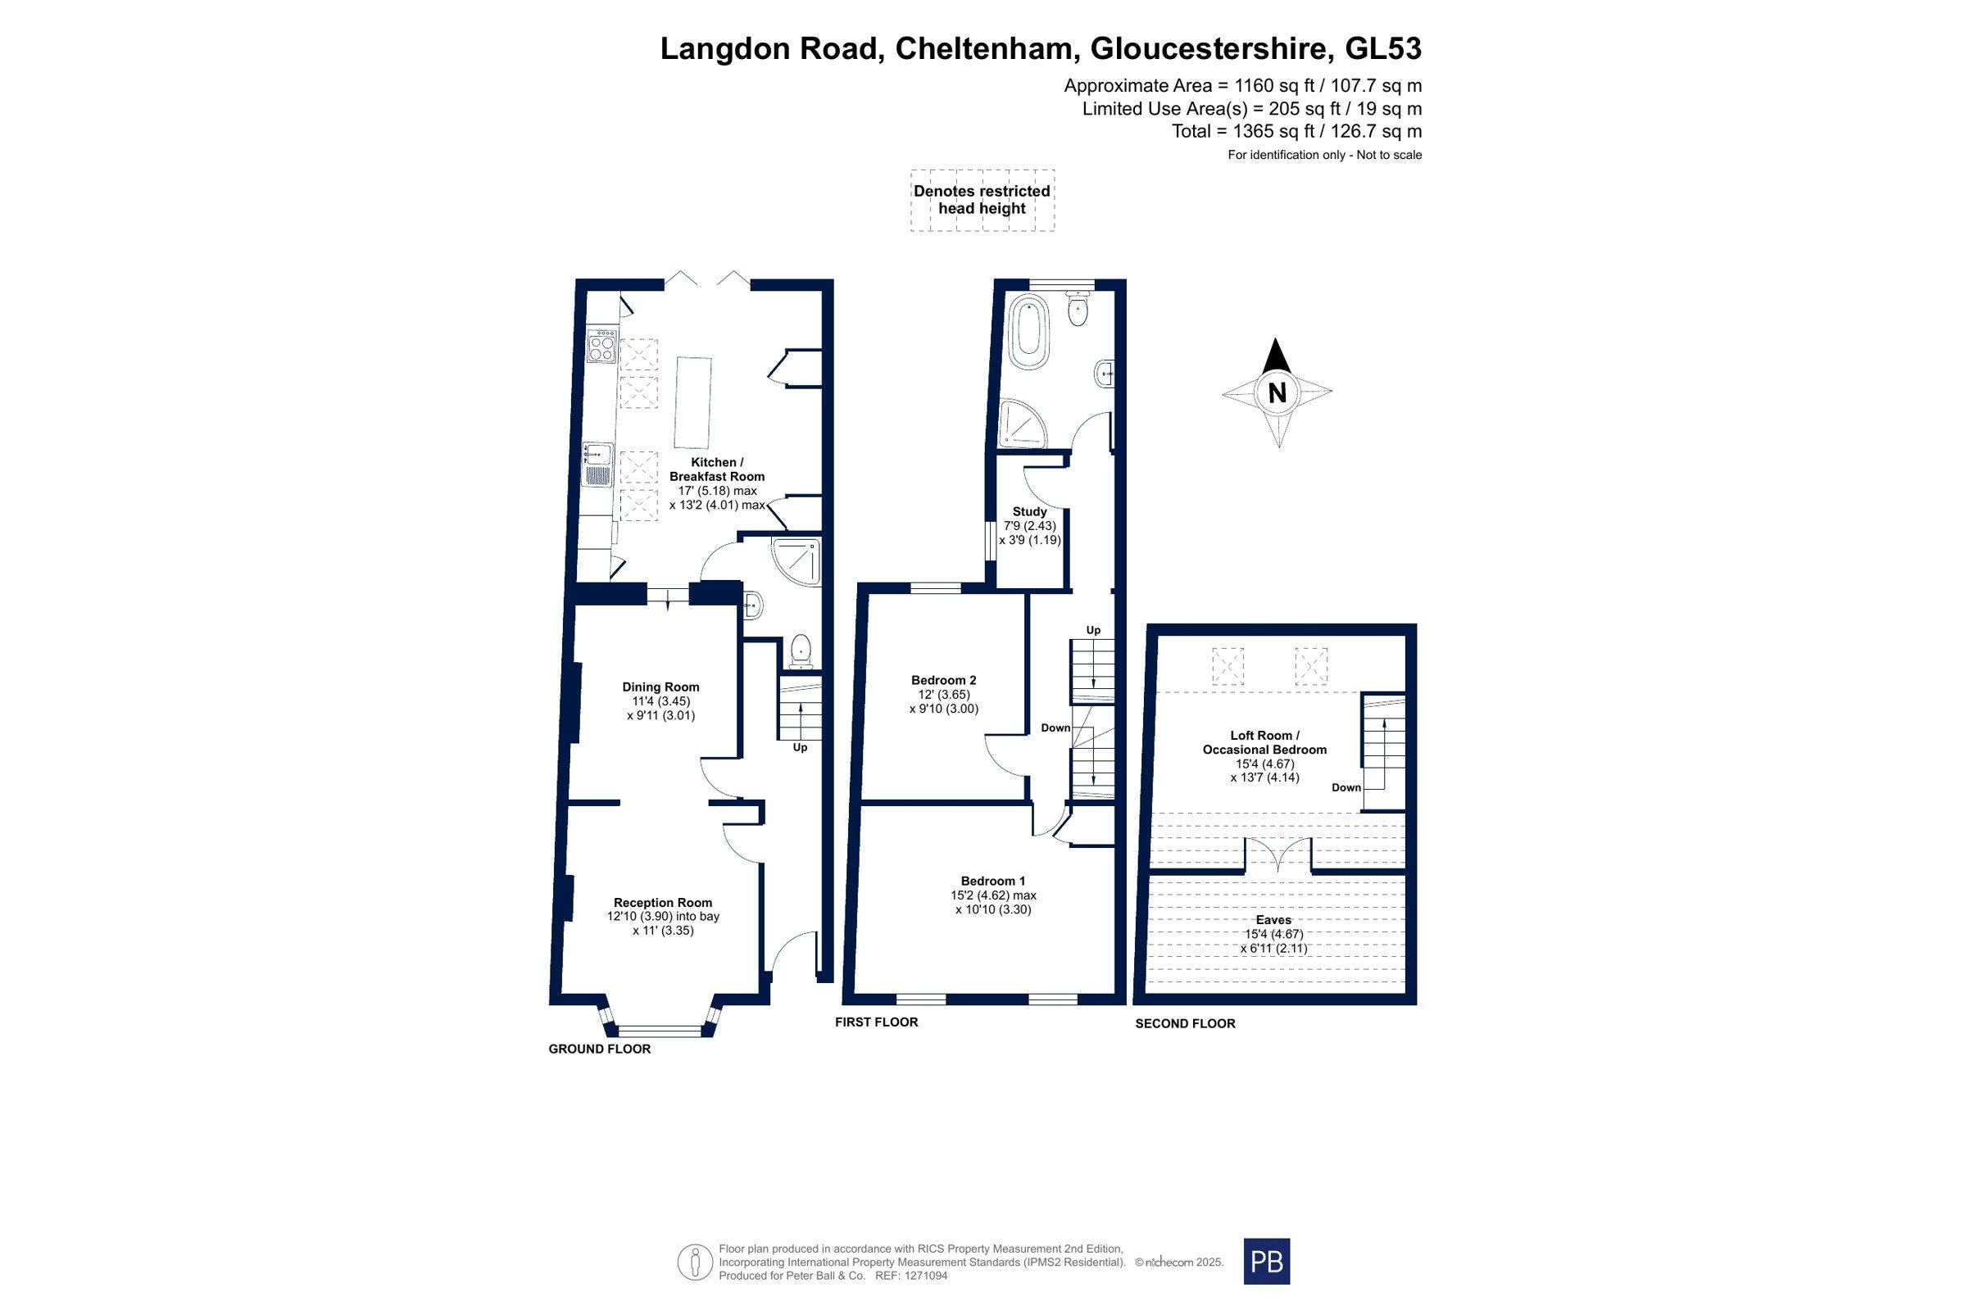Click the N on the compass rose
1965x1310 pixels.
(x=1277, y=392)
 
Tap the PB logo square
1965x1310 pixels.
(x=1267, y=1261)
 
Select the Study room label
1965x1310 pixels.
(x=1029, y=511)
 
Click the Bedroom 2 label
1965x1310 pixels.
(x=943, y=680)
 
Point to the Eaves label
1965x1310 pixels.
(x=1273, y=920)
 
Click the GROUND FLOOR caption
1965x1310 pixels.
(x=599, y=1049)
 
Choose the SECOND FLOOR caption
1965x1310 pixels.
(x=1185, y=1023)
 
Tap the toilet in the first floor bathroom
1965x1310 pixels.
(x=1078, y=307)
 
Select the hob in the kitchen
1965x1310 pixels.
(x=601, y=347)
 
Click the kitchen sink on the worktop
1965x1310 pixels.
(x=598, y=465)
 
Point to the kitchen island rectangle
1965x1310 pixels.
(x=692, y=403)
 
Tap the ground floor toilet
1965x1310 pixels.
(x=801, y=651)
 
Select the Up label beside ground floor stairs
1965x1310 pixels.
(x=800, y=748)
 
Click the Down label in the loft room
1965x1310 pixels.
(x=1346, y=788)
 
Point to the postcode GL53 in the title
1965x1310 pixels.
(x=1382, y=48)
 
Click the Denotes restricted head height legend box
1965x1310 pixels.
(x=982, y=201)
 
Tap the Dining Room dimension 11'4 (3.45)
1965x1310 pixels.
(x=660, y=702)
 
